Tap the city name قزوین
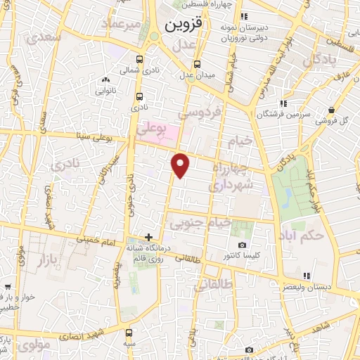[x=184, y=26]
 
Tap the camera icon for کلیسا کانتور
[x=242, y=245]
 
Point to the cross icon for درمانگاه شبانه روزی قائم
[x=148, y=237]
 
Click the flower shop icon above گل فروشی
[x=330, y=109]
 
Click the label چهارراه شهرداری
[x=236, y=179]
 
